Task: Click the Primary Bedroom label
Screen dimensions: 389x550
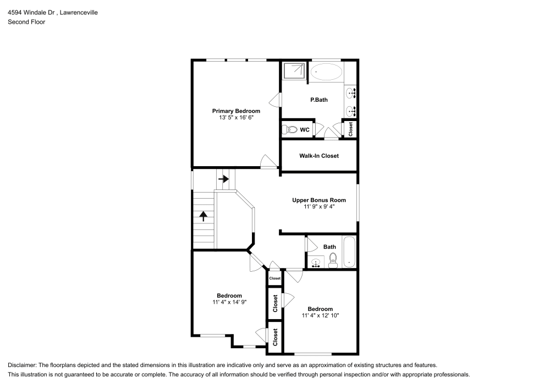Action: pos(236,111)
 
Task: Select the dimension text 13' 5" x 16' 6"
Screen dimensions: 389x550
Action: pos(236,117)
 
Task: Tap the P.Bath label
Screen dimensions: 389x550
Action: pos(319,100)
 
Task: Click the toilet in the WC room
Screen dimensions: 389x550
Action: pos(288,130)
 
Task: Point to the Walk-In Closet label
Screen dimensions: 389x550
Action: pos(319,156)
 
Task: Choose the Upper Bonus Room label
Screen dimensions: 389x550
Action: pos(319,200)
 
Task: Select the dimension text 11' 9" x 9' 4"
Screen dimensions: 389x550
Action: pos(319,206)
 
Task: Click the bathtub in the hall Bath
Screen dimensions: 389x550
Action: pos(349,252)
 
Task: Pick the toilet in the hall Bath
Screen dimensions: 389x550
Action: pos(333,262)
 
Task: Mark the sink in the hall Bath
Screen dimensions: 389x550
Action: pos(316,262)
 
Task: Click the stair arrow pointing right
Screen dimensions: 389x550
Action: pos(224,179)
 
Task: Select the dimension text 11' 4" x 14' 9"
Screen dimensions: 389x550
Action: pos(229,302)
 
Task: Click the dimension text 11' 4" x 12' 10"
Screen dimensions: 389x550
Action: pos(320,315)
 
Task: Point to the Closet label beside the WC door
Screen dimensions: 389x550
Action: pos(350,129)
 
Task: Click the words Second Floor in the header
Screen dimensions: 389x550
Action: pos(26,22)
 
